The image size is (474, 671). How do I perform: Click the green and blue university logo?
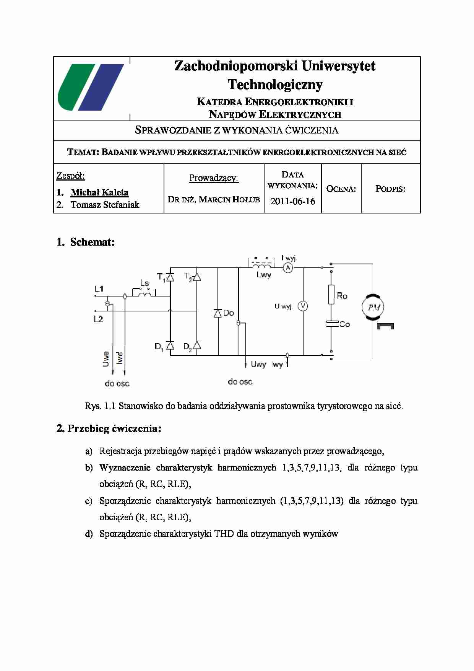pos(91,87)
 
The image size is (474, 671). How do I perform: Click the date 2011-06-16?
pos(292,201)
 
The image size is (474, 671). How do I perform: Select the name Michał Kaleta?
pos(99,192)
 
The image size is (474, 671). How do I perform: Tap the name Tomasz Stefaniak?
pos(105,205)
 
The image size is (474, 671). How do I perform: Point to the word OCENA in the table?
pos(341,189)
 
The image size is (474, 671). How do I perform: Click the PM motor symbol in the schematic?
pos(373,307)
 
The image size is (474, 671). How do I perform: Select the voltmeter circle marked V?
pos(303,306)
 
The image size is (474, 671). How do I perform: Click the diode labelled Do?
pos(218,313)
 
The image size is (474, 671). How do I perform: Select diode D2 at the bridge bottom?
pos(196,345)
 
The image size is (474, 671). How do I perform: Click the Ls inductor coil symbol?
pos(144,293)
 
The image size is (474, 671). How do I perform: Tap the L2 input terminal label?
pos(99,319)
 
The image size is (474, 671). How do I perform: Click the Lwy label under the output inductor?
pos(264,275)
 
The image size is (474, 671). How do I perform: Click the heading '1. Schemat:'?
pos(86,242)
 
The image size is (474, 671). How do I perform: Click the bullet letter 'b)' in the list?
pos(89,468)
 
